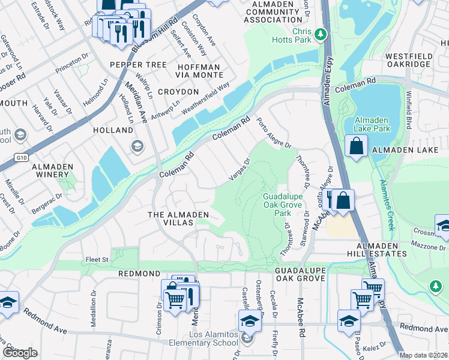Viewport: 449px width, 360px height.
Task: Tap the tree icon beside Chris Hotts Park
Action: (x=321, y=35)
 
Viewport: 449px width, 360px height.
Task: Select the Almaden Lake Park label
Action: (x=372, y=124)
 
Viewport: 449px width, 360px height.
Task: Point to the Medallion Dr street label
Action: (x=94, y=309)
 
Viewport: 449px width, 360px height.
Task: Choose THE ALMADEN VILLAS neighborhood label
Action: (x=179, y=218)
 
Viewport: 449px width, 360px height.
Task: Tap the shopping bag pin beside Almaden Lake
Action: (x=357, y=146)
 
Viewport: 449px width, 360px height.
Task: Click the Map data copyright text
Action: (x=424, y=355)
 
